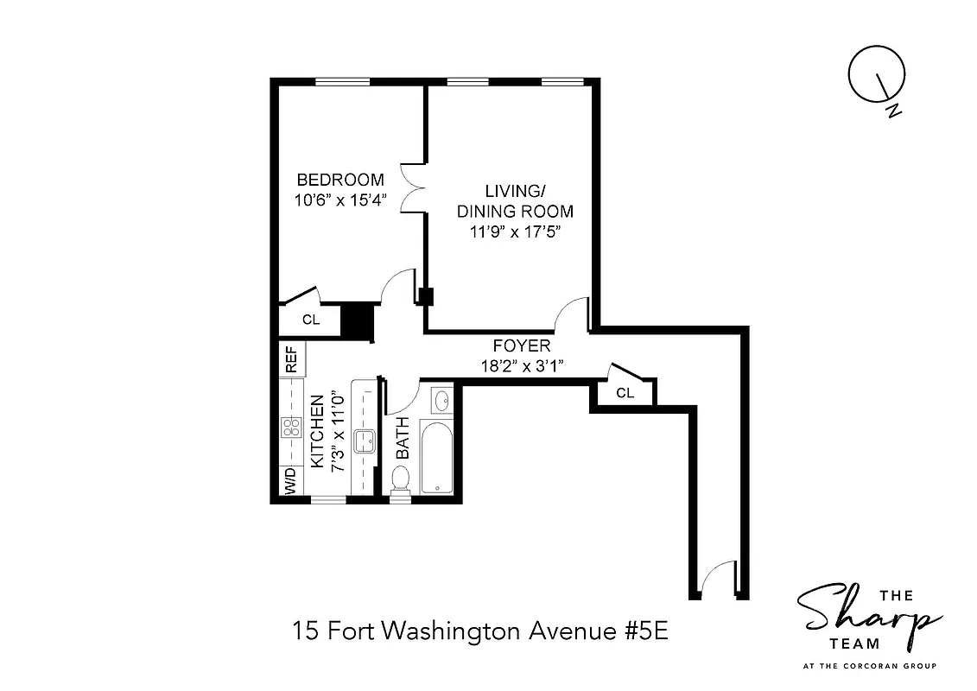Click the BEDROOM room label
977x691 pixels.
(x=339, y=181)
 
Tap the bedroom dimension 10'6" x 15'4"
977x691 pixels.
(x=339, y=200)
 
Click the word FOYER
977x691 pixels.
(x=521, y=346)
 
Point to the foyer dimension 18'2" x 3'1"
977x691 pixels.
(x=522, y=366)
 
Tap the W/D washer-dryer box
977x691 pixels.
(x=290, y=481)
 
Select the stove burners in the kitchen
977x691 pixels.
(x=290, y=428)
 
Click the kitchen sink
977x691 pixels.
(x=364, y=440)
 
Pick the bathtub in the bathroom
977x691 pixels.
(x=436, y=458)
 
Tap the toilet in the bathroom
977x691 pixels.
(x=400, y=480)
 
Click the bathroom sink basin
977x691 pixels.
(x=441, y=401)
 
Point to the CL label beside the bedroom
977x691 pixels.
(x=311, y=320)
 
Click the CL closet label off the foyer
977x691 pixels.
(x=625, y=393)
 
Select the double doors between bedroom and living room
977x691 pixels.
(x=415, y=189)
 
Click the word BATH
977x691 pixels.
(x=403, y=441)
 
